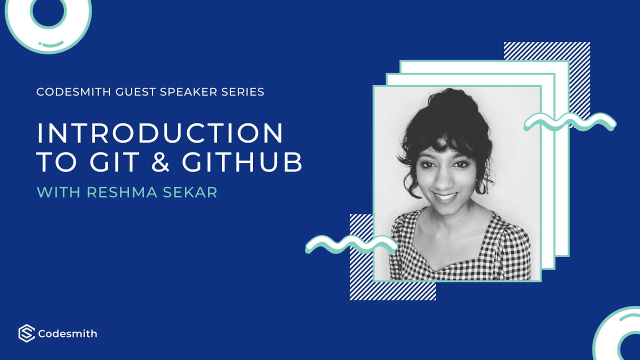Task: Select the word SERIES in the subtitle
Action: (245, 92)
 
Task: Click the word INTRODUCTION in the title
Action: (160, 134)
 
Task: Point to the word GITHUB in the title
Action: (242, 162)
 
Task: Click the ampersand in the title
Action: (159, 162)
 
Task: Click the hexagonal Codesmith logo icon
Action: (26, 333)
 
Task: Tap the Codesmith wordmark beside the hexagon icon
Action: (67, 333)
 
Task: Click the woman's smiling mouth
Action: (445, 196)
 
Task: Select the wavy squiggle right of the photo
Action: (570, 121)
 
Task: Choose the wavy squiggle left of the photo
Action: (350, 243)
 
